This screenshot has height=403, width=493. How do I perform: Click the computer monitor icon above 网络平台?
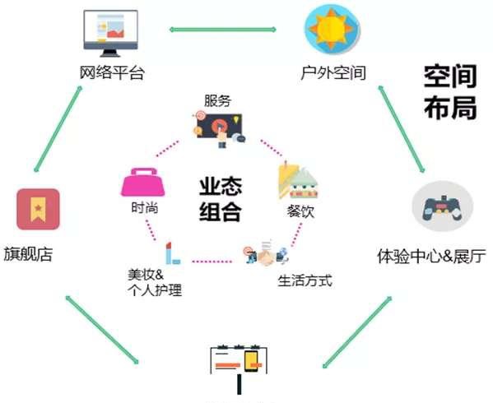[x=110, y=33]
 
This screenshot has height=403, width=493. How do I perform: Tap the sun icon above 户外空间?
[x=332, y=29]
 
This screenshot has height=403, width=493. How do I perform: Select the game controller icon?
[x=442, y=206]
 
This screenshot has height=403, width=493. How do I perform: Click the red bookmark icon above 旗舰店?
[x=38, y=209]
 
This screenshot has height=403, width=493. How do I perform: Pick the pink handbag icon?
[x=143, y=183]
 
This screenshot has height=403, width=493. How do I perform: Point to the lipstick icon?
[x=172, y=253]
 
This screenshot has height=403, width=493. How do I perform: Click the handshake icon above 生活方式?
[x=267, y=254]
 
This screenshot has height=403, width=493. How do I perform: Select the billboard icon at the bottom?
[x=239, y=368]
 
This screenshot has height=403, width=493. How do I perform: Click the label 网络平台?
[x=112, y=72]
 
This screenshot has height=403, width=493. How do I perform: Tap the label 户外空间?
[x=333, y=72]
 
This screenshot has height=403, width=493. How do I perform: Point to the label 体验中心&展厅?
[x=431, y=256]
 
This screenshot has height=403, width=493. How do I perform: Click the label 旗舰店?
[x=28, y=254]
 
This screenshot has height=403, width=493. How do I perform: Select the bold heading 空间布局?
[x=450, y=92]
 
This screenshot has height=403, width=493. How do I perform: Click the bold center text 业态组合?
[x=221, y=200]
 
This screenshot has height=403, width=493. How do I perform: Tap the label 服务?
[x=217, y=100]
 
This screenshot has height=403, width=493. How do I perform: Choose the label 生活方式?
[x=305, y=280]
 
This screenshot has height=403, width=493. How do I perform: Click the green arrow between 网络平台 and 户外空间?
[x=223, y=30]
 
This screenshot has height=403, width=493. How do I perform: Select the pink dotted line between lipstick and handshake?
[x=212, y=262]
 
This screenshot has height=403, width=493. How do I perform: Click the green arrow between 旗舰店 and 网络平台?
[x=58, y=129]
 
